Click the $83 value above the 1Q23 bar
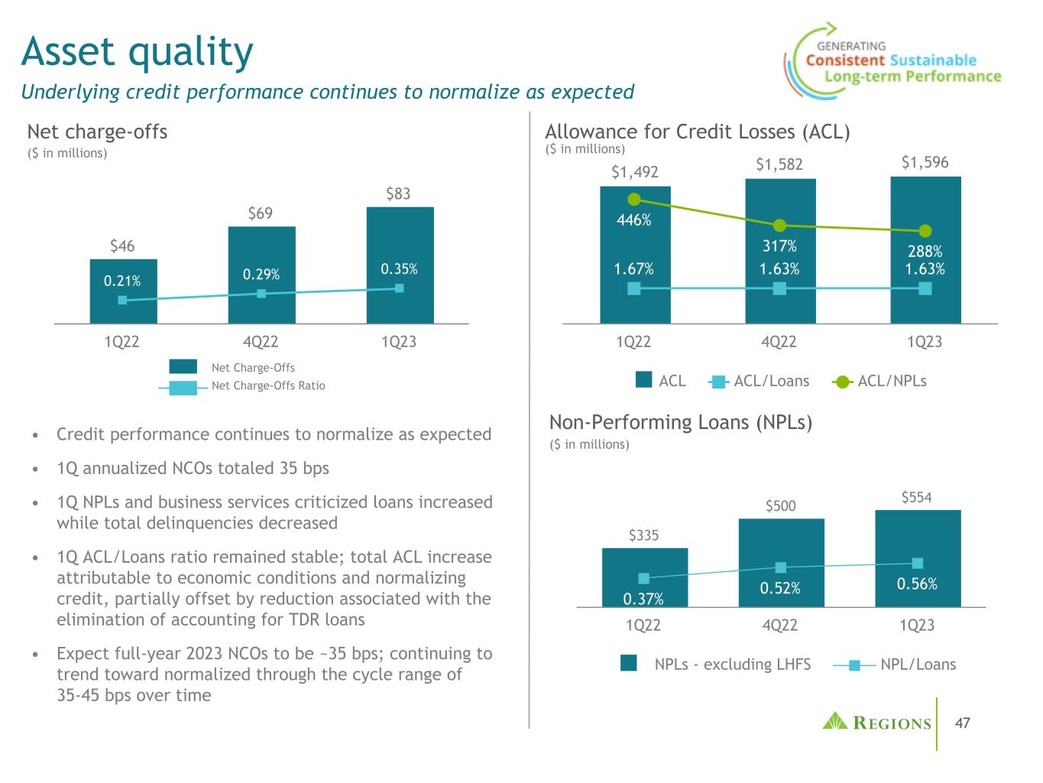coord(398,193)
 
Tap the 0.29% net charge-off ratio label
coord(261,273)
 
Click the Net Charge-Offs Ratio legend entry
coord(267,385)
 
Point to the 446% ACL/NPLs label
coord(633,220)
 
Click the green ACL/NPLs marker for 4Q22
coord(779,226)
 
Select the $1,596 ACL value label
coord(925,162)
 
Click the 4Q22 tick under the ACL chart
coord(779,342)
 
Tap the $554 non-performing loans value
coord(917,498)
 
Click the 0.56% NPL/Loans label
coord(917,583)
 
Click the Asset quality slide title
coord(138,52)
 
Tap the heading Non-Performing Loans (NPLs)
coord(680,422)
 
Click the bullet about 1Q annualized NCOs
coord(193,468)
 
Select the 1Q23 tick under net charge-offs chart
coord(398,342)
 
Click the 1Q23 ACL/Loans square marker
coord(925,288)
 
